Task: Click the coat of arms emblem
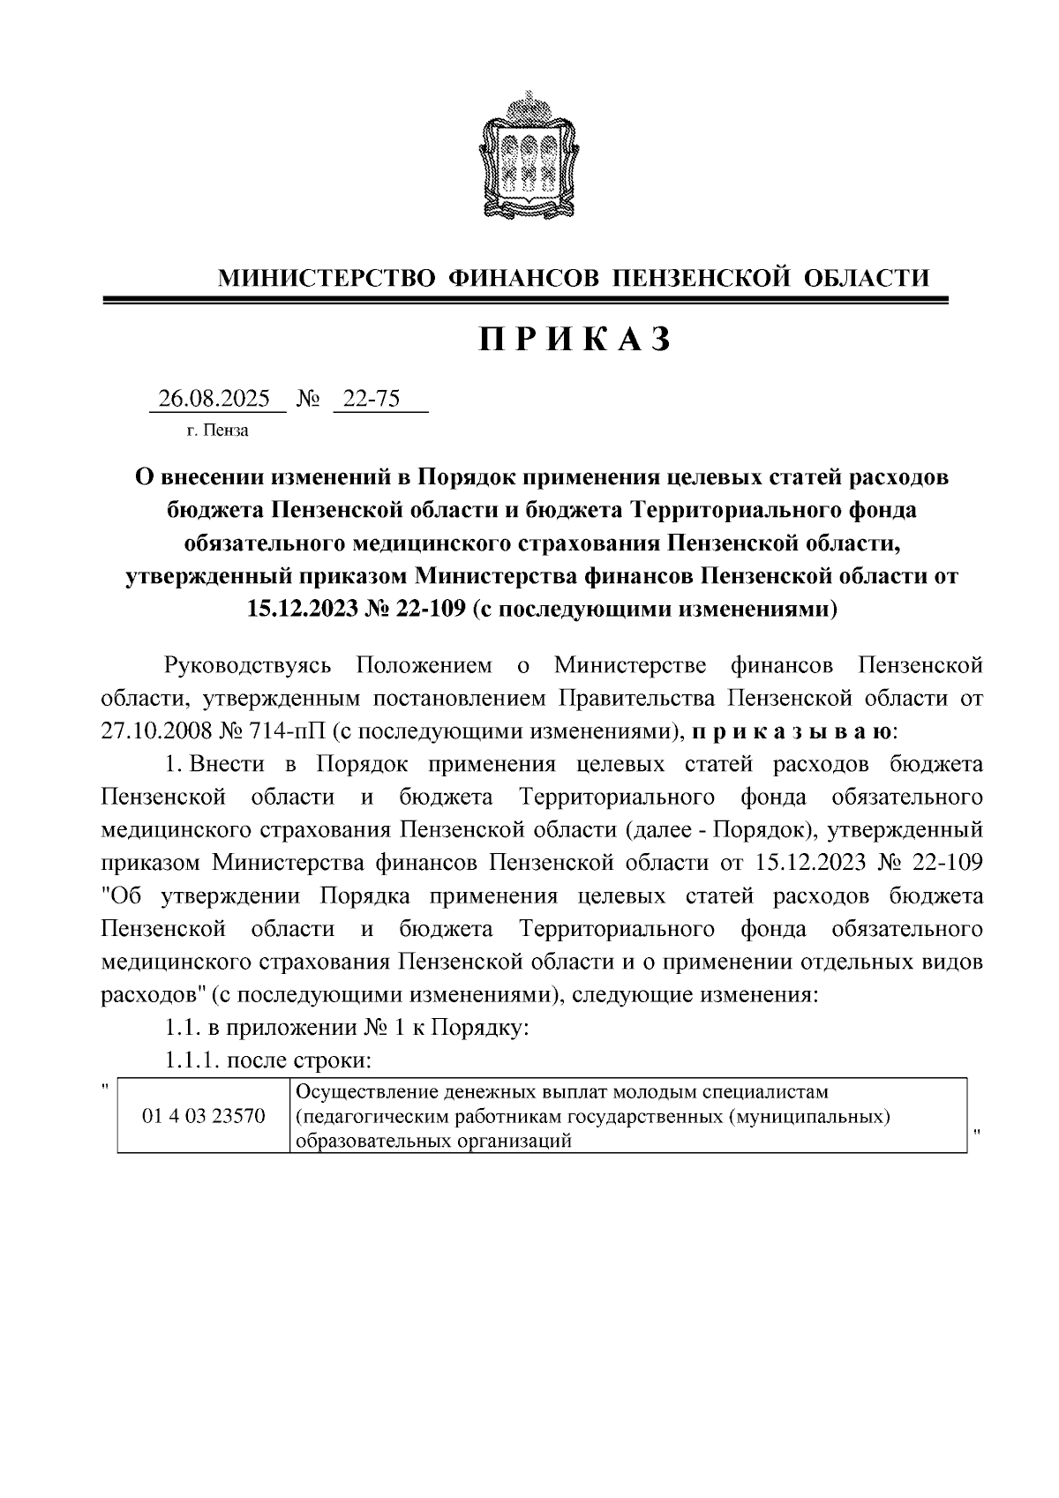(529, 157)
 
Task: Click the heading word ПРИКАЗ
(575, 339)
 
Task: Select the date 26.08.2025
(214, 399)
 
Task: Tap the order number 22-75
(372, 399)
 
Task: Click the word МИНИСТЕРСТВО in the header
(326, 279)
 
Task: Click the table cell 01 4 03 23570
(204, 1116)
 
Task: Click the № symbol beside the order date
(308, 399)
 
